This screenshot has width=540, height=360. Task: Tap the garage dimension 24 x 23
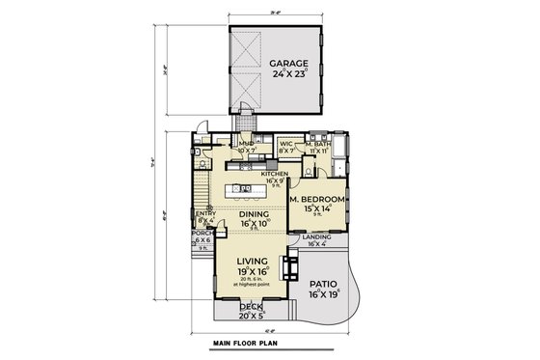point(277,74)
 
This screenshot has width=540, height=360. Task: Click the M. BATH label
point(317,144)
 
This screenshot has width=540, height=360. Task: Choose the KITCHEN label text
point(275,173)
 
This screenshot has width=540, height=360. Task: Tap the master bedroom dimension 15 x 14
point(318,208)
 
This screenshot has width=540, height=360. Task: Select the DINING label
point(255,215)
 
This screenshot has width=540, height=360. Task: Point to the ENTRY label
point(206,213)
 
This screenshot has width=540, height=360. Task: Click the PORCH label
point(202,233)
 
